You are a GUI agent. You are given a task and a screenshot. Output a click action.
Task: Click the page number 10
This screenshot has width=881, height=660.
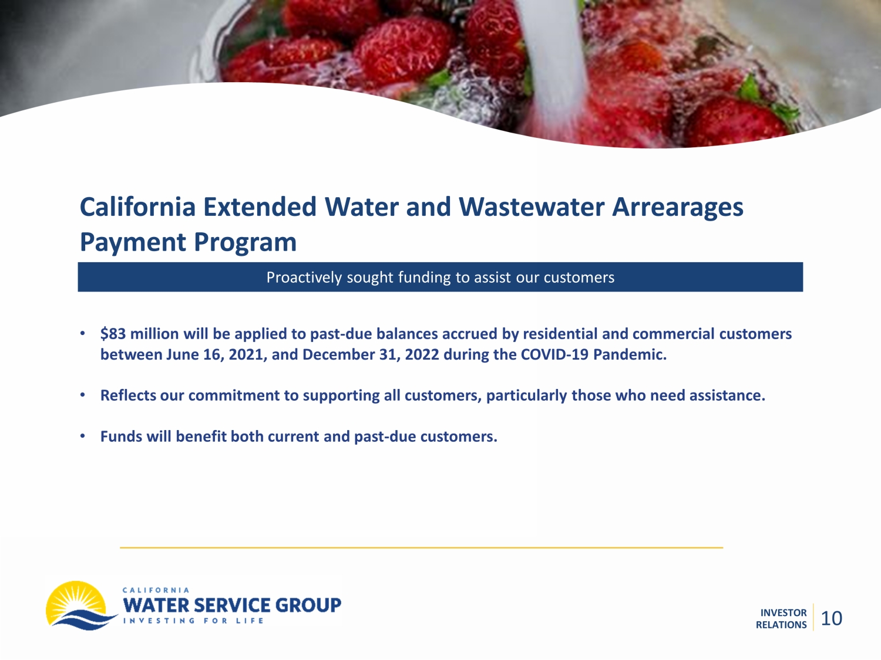tap(831, 618)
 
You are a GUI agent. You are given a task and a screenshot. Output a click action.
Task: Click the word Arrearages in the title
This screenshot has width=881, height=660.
tap(678, 208)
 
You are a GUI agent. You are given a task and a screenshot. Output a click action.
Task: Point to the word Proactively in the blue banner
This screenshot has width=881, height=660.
tap(304, 277)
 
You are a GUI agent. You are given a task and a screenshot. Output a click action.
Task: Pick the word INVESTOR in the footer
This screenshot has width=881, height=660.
tap(784, 612)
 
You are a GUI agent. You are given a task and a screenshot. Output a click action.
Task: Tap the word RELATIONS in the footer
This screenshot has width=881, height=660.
tap(781, 625)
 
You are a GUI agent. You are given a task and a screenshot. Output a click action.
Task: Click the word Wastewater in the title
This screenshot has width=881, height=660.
tap(532, 207)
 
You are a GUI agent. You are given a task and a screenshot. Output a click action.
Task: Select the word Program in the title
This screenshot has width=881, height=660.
tap(245, 243)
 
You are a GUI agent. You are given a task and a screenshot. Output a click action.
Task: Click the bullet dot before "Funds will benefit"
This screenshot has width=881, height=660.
tap(83, 436)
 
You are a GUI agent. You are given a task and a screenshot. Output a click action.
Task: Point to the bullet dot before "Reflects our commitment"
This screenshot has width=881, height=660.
tap(83, 395)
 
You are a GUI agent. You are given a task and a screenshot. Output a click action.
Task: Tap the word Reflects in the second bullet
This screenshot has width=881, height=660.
tap(128, 395)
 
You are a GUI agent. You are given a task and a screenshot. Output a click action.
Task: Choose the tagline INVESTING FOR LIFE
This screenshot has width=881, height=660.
tap(193, 621)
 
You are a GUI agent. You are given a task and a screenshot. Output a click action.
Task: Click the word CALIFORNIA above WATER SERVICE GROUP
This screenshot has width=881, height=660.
tap(156, 590)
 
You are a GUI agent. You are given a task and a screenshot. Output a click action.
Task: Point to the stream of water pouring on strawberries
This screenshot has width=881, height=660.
tap(554, 60)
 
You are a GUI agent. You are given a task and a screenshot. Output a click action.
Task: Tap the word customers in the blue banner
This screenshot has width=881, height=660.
tap(579, 277)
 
